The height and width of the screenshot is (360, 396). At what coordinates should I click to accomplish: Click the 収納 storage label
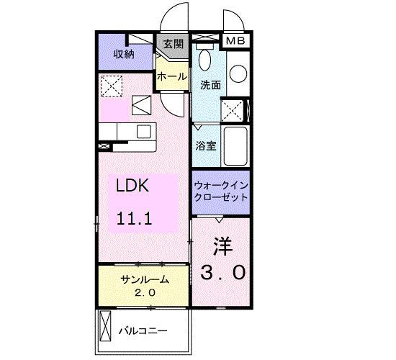tap(124, 55)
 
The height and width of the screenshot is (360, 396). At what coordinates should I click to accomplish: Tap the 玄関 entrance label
tap(172, 45)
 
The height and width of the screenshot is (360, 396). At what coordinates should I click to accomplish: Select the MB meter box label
tap(235, 41)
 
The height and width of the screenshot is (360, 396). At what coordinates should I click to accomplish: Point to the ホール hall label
tap(172, 76)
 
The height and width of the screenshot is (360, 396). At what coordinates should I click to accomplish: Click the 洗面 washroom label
tap(210, 84)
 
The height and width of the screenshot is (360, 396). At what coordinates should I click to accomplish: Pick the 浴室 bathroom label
tap(205, 145)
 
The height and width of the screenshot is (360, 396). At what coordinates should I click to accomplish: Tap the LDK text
tap(133, 186)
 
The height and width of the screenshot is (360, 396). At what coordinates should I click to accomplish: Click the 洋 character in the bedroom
tap(222, 245)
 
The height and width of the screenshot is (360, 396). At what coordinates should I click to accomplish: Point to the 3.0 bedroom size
tap(222, 272)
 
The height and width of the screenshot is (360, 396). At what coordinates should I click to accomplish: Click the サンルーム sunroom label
tap(144, 279)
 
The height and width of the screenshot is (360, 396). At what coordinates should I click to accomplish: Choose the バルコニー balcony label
tap(143, 331)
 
